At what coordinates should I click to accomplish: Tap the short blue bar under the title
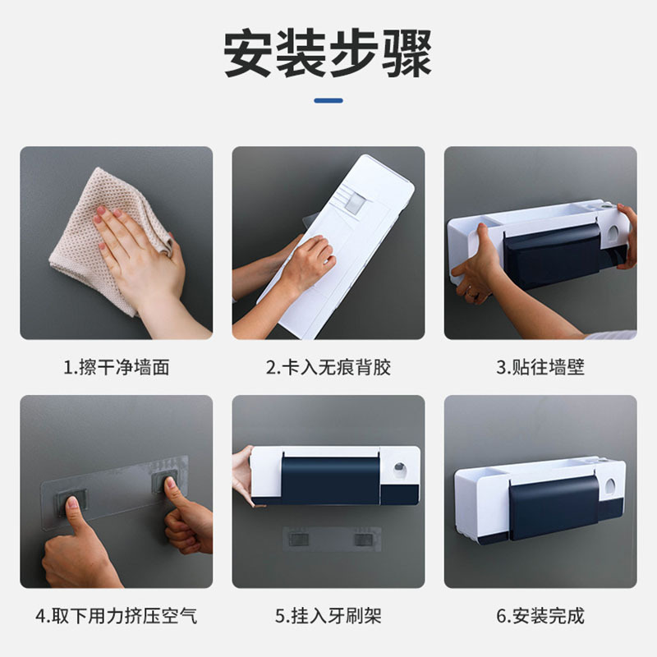tap(328, 100)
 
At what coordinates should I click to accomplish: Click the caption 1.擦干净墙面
tap(117, 367)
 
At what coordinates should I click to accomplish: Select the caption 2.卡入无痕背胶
tap(328, 367)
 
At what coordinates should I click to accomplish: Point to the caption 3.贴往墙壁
tap(540, 367)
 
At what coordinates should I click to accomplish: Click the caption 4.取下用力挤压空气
tap(117, 615)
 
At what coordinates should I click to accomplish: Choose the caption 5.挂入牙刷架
tap(328, 615)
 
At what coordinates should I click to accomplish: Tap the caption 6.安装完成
tap(540, 615)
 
